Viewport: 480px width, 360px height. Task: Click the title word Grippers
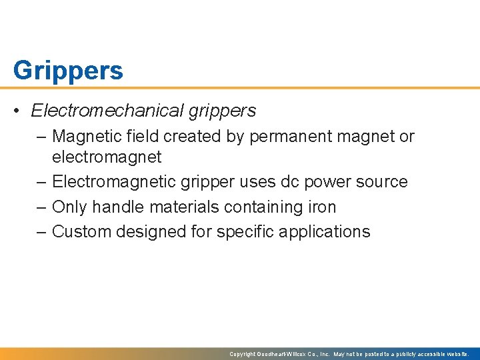(68, 70)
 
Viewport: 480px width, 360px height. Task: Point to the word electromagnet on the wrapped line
(107, 157)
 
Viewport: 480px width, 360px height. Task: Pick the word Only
(69, 207)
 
